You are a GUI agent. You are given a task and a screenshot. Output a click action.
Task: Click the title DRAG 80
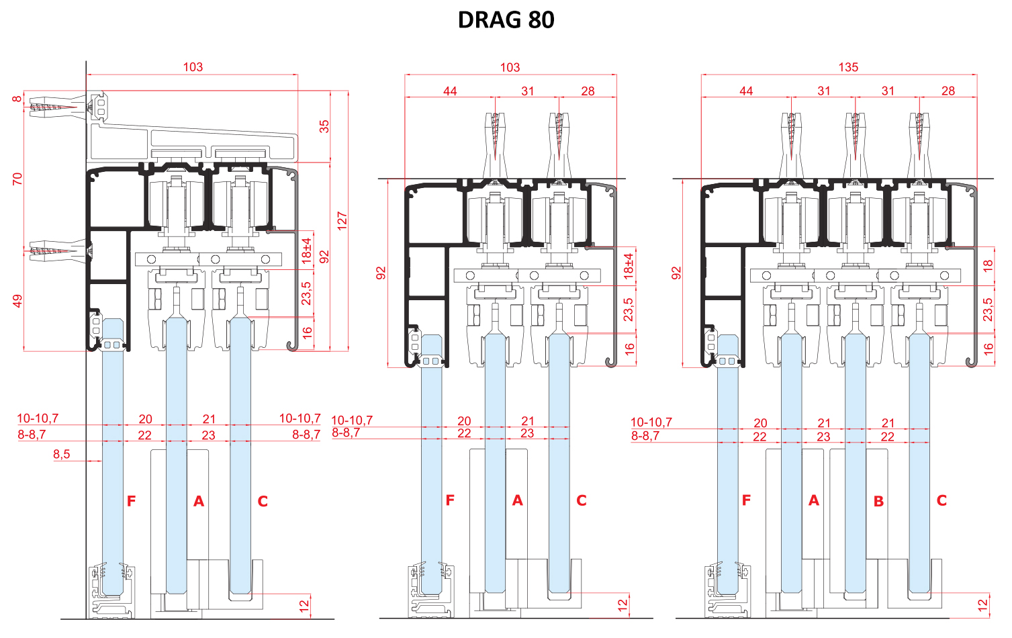506,20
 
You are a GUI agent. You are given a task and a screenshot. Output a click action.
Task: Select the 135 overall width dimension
847,67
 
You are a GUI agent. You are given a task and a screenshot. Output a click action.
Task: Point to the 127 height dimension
342,221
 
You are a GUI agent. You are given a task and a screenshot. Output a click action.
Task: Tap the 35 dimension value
324,126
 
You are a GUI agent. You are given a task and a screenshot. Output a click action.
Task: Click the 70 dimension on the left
17,179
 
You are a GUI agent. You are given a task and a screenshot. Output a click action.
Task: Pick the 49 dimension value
17,301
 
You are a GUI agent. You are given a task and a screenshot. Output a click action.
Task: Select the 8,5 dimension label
61,454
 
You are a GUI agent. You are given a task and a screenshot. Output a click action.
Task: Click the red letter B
878,501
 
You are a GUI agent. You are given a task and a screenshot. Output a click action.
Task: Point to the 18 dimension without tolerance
988,266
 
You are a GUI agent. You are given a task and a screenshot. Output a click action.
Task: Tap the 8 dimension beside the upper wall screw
17,99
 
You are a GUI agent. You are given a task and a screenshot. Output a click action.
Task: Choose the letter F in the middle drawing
450,500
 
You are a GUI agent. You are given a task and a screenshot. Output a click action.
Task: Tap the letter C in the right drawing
941,500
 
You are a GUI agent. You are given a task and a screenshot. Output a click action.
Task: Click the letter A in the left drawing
198,501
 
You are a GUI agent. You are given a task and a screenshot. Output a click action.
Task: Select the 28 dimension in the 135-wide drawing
948,91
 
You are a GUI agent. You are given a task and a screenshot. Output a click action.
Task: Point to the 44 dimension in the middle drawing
450,91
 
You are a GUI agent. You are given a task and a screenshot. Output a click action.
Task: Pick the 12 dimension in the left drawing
304,604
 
